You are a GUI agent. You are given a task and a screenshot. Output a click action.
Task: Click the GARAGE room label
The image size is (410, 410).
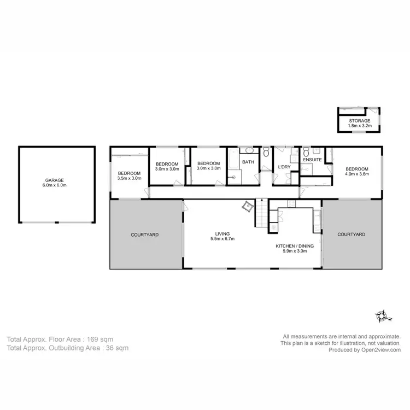55,180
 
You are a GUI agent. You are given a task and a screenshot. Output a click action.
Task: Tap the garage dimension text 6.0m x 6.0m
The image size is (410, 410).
55,185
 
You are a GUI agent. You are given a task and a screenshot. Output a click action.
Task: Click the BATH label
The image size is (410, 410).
248,162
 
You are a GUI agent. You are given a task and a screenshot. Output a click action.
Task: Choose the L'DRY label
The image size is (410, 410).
284,167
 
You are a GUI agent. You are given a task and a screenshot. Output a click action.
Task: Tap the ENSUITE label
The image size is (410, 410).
313,160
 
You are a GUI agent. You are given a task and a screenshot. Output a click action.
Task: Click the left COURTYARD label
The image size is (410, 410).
145,235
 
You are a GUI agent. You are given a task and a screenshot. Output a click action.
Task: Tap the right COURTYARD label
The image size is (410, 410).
352,235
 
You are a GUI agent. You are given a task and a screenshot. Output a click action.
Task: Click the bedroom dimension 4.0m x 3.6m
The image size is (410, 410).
357,174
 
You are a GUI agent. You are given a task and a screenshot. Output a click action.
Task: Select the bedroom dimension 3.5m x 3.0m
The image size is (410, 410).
130,178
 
